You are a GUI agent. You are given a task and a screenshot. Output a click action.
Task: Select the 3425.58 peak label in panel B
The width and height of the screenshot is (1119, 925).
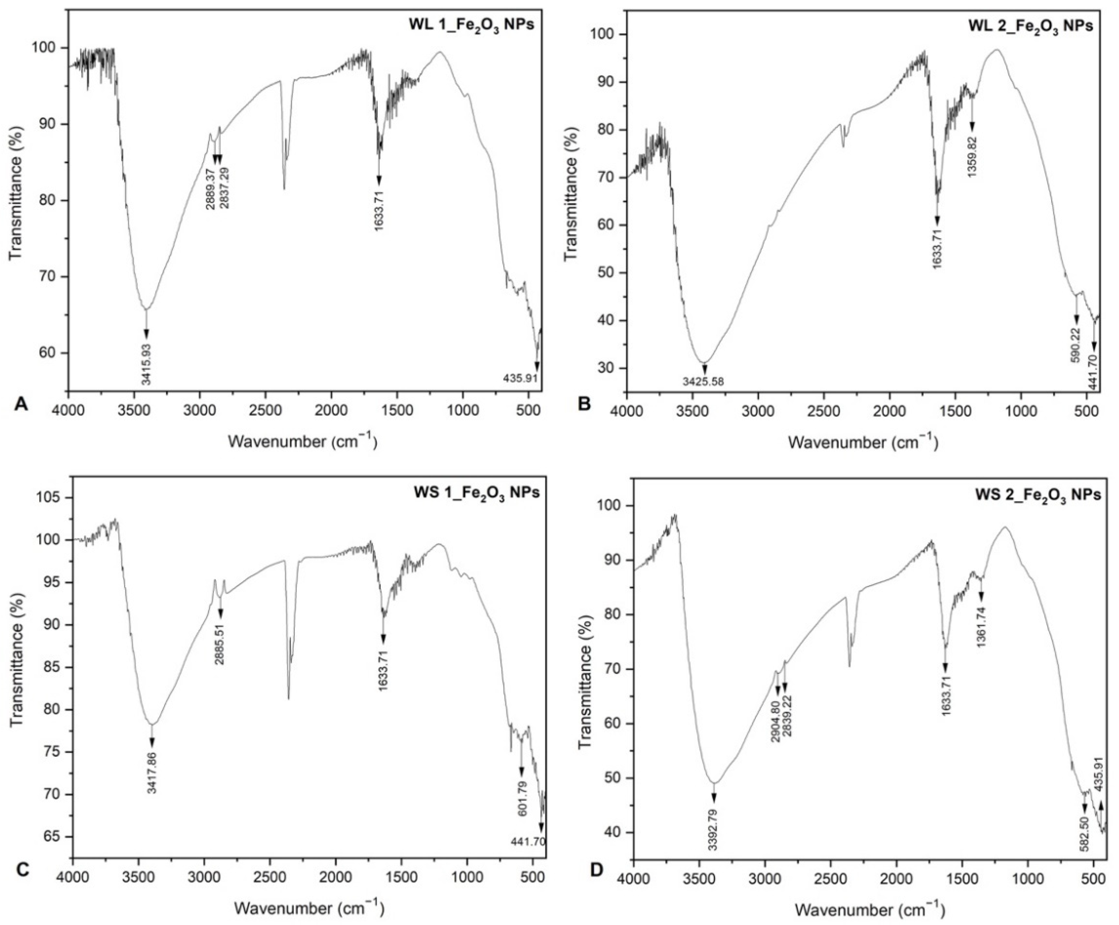tap(704, 382)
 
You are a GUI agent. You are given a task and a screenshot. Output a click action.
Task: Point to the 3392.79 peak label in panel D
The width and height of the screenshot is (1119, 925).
tap(714, 835)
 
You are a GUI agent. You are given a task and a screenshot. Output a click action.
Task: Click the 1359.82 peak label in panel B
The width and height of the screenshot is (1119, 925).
tap(972, 158)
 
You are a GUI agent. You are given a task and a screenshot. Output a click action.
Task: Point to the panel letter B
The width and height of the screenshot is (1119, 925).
tap(584, 403)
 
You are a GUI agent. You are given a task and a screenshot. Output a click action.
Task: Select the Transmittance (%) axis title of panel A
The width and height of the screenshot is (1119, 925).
tap(17, 193)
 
